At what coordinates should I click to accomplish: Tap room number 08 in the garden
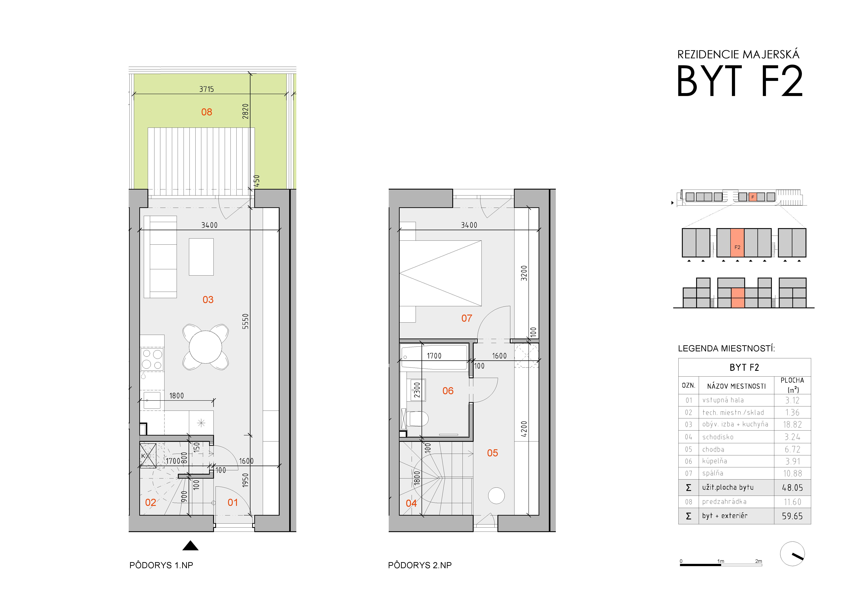207,112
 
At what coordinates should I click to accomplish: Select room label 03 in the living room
208,299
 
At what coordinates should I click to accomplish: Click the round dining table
205,347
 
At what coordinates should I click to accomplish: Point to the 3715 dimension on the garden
207,89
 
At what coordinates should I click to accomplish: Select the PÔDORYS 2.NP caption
420,565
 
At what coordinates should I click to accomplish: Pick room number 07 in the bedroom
467,318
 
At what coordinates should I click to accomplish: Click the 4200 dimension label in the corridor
524,429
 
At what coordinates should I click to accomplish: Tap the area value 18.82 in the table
792,424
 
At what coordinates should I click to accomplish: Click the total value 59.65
792,516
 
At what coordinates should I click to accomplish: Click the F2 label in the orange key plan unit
737,247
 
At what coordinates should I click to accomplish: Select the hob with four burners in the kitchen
152,359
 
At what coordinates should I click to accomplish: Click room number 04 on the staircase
411,503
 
